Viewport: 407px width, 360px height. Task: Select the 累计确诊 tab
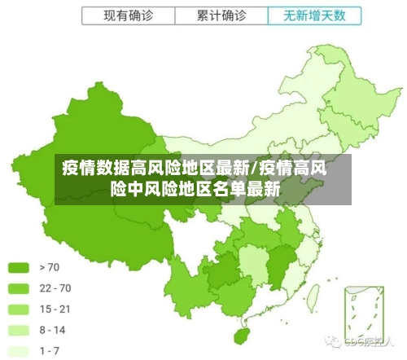[x=222, y=15]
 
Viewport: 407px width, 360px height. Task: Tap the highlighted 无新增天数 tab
[x=313, y=15]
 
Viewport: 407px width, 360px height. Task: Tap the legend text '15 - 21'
[x=55, y=310]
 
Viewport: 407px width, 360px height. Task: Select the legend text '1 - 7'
[x=50, y=351]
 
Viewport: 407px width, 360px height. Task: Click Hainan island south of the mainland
[x=241, y=335]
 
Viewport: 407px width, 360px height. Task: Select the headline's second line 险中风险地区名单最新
[x=195, y=189]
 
